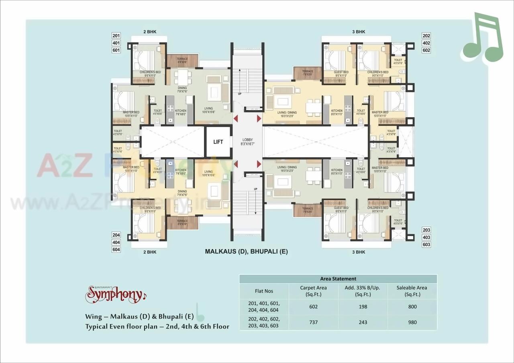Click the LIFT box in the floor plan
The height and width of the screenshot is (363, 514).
(218, 142)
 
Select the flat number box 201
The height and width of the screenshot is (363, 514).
(116, 36)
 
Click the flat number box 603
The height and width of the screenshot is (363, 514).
(426, 244)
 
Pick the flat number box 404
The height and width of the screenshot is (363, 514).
(116, 242)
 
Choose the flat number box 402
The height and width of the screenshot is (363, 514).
(426, 43)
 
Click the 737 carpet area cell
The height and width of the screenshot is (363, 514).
(313, 322)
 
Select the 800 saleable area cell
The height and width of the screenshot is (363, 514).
(412, 307)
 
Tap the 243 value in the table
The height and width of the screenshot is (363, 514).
(363, 322)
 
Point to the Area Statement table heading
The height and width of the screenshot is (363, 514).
(338, 278)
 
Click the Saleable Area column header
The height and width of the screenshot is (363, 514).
(412, 291)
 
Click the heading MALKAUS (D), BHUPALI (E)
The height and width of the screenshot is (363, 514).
(247, 251)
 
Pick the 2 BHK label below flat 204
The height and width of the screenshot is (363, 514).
(150, 252)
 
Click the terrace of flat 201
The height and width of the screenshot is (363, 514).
(182, 61)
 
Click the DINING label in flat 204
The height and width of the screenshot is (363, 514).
(182, 192)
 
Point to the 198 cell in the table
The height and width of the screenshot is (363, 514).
(363, 307)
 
